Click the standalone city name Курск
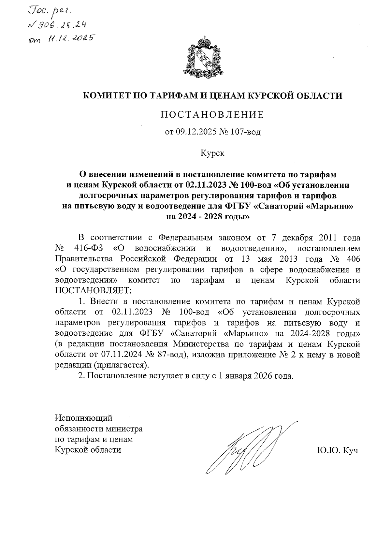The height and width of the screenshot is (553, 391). (212, 153)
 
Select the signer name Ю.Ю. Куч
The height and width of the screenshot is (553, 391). (337, 450)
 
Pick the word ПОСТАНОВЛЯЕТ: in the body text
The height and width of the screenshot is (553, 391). (93, 290)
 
